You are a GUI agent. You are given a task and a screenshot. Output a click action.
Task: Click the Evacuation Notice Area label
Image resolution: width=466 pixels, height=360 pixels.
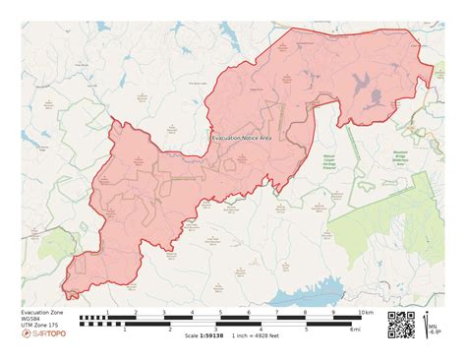[x=242, y=139]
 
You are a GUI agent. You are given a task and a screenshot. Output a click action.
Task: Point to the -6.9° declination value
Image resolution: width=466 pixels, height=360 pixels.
[x=435, y=332]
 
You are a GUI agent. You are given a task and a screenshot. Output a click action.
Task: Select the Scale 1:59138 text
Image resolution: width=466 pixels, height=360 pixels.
[x=204, y=335]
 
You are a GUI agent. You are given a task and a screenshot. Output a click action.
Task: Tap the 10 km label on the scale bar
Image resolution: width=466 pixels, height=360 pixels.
[x=366, y=312]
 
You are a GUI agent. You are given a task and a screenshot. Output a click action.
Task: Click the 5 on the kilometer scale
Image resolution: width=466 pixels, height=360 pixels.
[x=220, y=312]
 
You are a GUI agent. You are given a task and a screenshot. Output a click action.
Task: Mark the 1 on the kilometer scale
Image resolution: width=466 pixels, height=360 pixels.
[x=107, y=312]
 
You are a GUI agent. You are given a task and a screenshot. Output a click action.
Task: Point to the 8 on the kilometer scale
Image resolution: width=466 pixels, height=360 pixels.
[x=306, y=312]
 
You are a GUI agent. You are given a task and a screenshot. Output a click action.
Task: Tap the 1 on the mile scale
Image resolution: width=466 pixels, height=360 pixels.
[x=125, y=330]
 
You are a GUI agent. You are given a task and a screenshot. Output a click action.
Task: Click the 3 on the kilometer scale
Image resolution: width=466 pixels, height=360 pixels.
[x=164, y=312]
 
